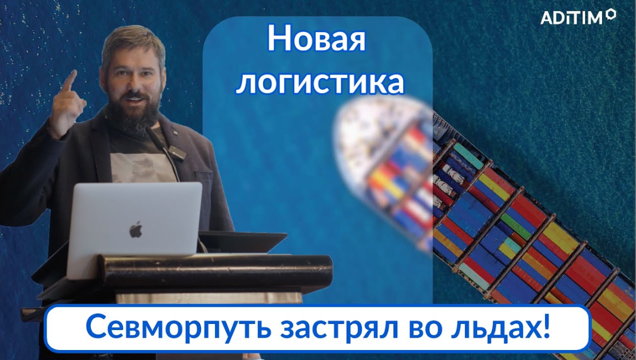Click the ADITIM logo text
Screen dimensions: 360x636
[571, 18]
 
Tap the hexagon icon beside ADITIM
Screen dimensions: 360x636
[611, 14]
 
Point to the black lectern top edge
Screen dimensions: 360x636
[216, 259]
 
